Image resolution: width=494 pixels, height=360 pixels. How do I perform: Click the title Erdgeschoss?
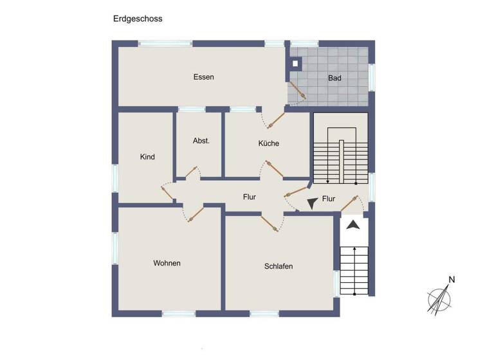(x=137, y=19)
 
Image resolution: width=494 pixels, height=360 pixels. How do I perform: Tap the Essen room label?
(x=203, y=77)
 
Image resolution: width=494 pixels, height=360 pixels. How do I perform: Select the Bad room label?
(x=334, y=78)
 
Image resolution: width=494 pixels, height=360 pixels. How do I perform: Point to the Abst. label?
(x=201, y=141)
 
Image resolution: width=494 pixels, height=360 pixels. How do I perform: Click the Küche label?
(x=268, y=143)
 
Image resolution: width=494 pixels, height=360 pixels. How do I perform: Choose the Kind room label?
(x=147, y=157)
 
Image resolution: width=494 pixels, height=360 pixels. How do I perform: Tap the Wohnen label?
(x=167, y=263)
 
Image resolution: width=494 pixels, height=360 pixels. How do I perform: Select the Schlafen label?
(x=278, y=266)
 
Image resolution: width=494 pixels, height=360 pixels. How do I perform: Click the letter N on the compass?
(x=452, y=280)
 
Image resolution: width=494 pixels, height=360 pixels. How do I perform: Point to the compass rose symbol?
(x=439, y=299)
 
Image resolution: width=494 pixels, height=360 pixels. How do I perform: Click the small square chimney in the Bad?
(x=295, y=64)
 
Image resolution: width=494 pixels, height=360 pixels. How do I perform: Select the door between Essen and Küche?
(x=276, y=119)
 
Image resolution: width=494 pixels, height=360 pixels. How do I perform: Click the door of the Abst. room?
(x=191, y=172)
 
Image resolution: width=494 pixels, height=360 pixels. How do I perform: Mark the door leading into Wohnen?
(x=195, y=215)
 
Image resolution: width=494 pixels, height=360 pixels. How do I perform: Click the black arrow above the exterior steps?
(x=352, y=226)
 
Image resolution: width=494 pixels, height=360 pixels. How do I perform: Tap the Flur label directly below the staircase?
(x=328, y=199)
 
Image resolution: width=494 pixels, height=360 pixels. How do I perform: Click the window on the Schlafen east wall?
(x=336, y=283)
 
